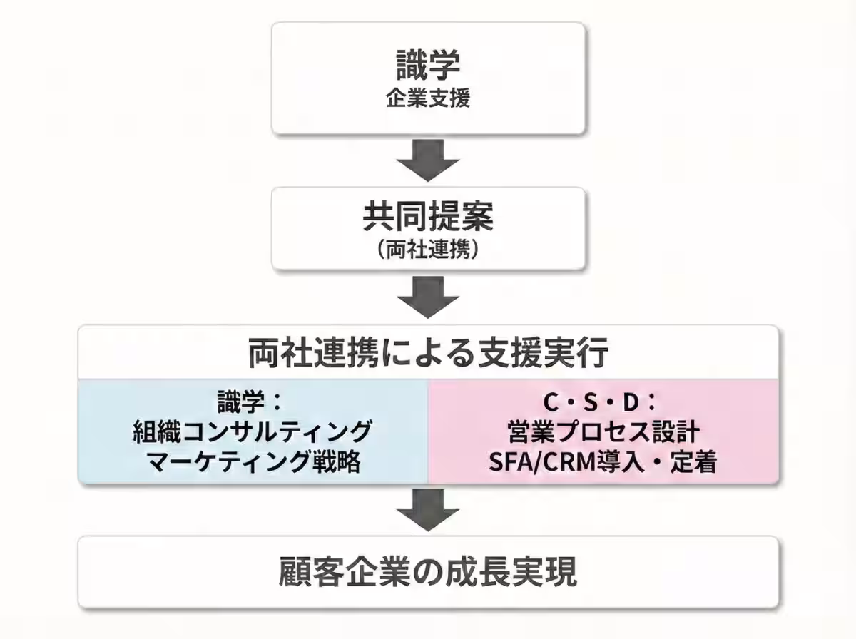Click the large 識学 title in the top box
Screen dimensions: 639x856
coord(428,65)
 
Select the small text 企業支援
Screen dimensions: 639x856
coord(428,98)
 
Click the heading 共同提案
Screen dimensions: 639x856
coord(428,218)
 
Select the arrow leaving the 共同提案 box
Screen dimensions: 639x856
coord(428,297)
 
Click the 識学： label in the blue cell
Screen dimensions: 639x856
coord(252,402)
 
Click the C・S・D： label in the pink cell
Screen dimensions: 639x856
coord(601,402)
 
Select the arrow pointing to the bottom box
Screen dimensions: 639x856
coord(428,510)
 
